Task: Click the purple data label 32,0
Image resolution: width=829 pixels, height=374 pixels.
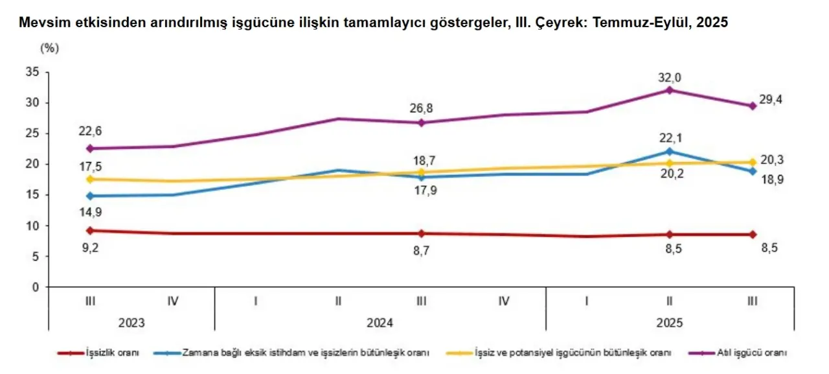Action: coord(670,78)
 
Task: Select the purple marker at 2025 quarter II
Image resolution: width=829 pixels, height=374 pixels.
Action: coord(670,90)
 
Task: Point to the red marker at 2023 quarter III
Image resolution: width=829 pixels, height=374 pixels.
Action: coord(90,230)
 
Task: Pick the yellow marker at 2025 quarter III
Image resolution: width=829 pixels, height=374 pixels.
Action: coord(753,162)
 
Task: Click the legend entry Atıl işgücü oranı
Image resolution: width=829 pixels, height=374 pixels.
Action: coord(752,353)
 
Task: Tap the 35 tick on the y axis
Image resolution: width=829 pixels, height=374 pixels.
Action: coord(33,72)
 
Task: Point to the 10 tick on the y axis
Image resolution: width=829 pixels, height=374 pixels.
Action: coord(33,226)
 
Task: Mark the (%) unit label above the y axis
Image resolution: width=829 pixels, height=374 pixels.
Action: coord(49,48)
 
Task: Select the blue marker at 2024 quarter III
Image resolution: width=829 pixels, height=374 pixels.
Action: coord(421,177)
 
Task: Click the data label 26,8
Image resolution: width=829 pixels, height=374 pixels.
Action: coord(422,108)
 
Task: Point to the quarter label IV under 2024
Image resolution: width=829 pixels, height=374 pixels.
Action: coord(504,301)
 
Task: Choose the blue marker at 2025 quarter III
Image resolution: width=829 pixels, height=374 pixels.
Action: coord(753,171)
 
